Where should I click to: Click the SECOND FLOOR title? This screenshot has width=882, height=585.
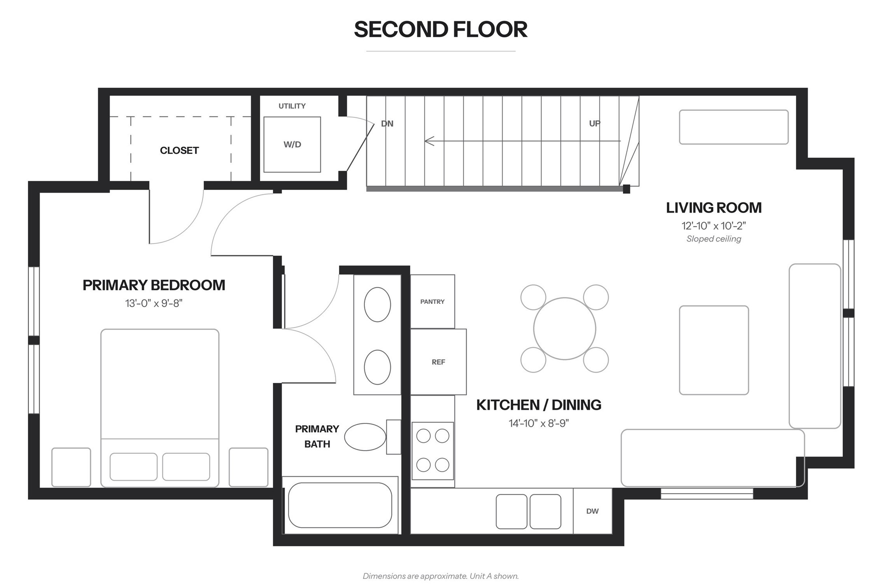click(x=441, y=29)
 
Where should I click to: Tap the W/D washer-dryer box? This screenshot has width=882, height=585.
click(x=292, y=145)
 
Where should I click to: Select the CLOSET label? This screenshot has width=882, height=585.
click(x=179, y=150)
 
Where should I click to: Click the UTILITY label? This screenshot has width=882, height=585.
click(x=292, y=106)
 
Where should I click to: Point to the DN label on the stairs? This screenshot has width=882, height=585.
click(x=387, y=124)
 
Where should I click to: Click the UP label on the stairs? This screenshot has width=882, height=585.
click(x=595, y=124)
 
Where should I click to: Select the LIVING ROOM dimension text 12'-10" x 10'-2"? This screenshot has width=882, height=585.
click(x=714, y=226)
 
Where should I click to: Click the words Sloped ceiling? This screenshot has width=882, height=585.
click(x=714, y=239)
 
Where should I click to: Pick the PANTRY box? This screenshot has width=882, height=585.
click(x=432, y=301)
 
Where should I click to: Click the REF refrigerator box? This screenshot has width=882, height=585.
click(x=438, y=362)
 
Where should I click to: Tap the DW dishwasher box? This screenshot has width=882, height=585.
click(x=593, y=511)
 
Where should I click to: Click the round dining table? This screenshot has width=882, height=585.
click(x=565, y=329)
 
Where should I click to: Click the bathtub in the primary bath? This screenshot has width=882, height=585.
click(x=340, y=505)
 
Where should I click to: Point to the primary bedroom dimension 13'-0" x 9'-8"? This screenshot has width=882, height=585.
click(x=154, y=303)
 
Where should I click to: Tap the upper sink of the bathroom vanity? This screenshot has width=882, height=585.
click(x=377, y=305)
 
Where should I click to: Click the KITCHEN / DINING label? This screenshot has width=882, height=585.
click(x=539, y=405)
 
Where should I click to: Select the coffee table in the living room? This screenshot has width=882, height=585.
click(x=714, y=350)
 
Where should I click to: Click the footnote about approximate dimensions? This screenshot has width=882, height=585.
click(x=441, y=576)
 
